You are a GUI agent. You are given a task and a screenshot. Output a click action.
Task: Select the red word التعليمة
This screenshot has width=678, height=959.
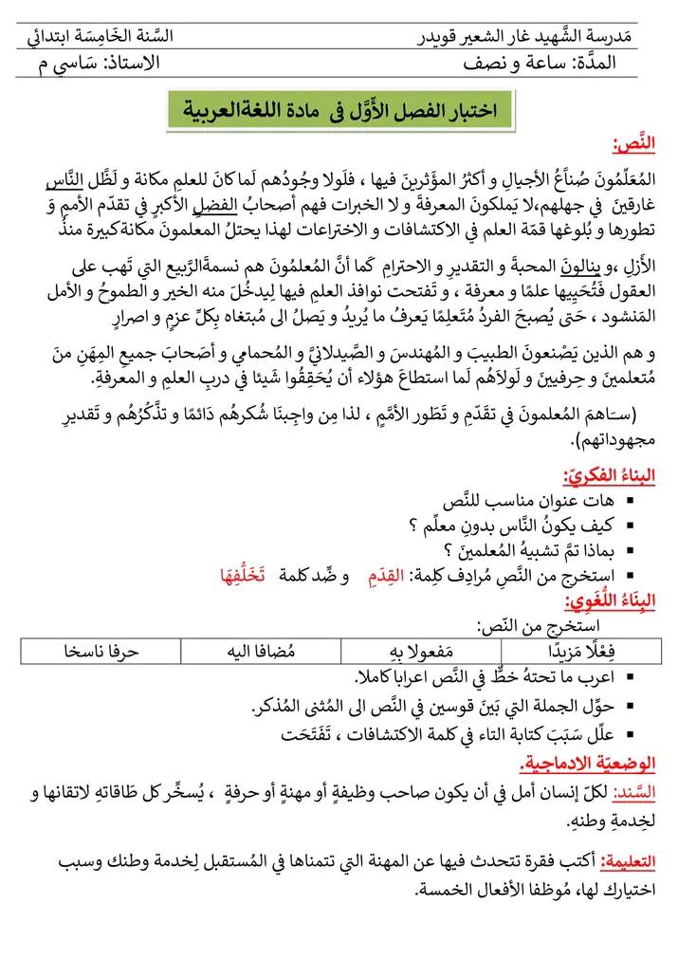pos(629,861)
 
